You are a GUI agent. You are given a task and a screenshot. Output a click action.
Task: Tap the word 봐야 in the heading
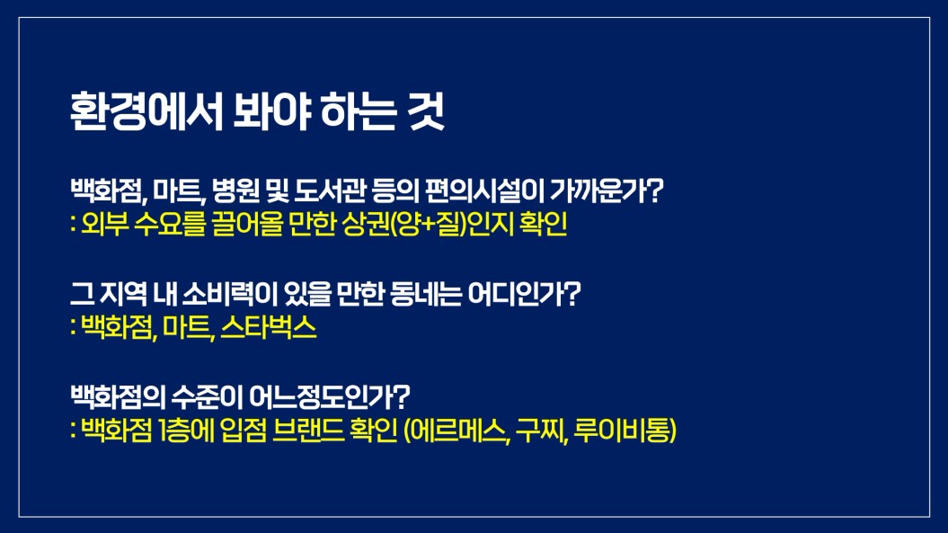pos(271,111)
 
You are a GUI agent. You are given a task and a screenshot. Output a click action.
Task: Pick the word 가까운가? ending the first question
pos(607,191)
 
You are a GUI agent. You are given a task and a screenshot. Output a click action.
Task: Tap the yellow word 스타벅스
pos(269,328)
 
